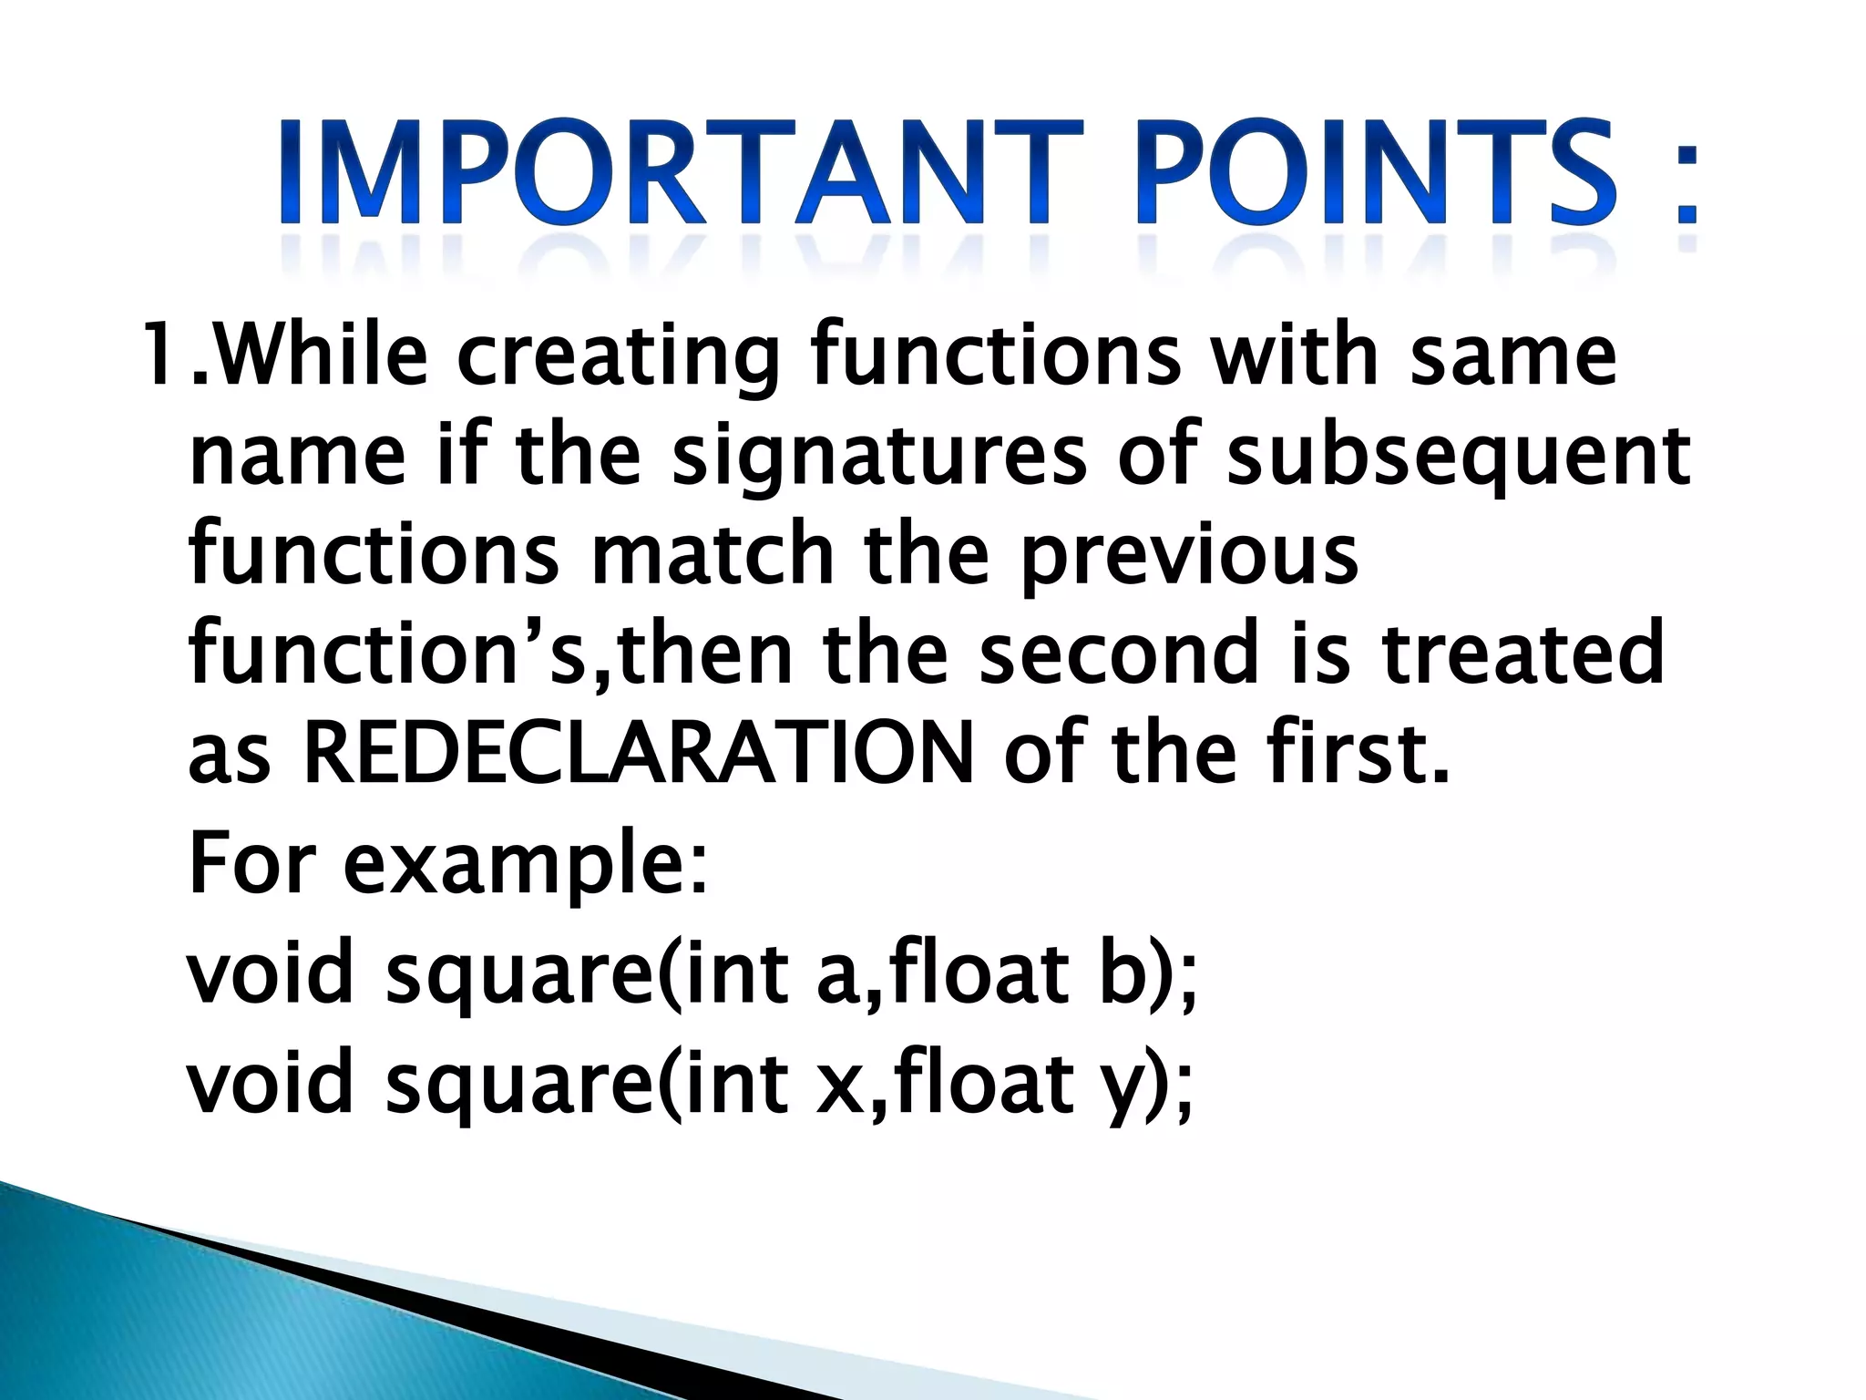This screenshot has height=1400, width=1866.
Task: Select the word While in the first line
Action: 323,355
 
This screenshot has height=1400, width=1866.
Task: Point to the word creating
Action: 620,360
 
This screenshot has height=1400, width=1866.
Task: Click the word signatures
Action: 879,460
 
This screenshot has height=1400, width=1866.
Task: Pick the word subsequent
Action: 1458,460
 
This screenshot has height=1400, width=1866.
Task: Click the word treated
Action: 1522,654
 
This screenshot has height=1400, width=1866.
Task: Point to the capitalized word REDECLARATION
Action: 638,755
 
